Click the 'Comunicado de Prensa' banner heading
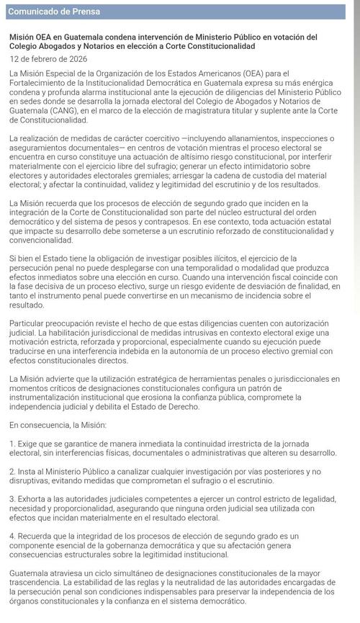pyautogui.click(x=54, y=12)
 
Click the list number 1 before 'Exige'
pyautogui.click(x=12, y=443)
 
